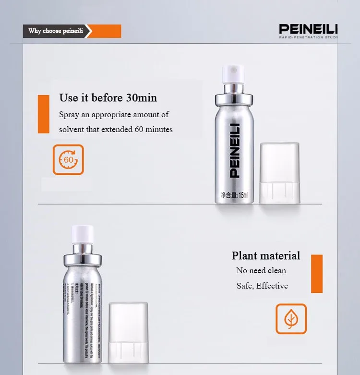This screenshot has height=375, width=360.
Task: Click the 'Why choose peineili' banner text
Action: (56, 31)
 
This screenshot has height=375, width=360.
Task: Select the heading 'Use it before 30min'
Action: (108, 98)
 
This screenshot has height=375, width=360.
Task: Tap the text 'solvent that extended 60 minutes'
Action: (116, 130)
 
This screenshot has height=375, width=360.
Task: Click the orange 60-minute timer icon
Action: (68, 159)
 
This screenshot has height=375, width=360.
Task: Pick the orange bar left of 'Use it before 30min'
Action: (44, 114)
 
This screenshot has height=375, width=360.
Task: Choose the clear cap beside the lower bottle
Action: (128, 332)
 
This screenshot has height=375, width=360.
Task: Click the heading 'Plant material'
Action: (266, 255)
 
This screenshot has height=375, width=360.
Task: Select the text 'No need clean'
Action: (261, 270)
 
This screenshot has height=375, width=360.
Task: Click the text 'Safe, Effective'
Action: (262, 286)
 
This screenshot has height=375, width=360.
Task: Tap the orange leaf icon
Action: (290, 318)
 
